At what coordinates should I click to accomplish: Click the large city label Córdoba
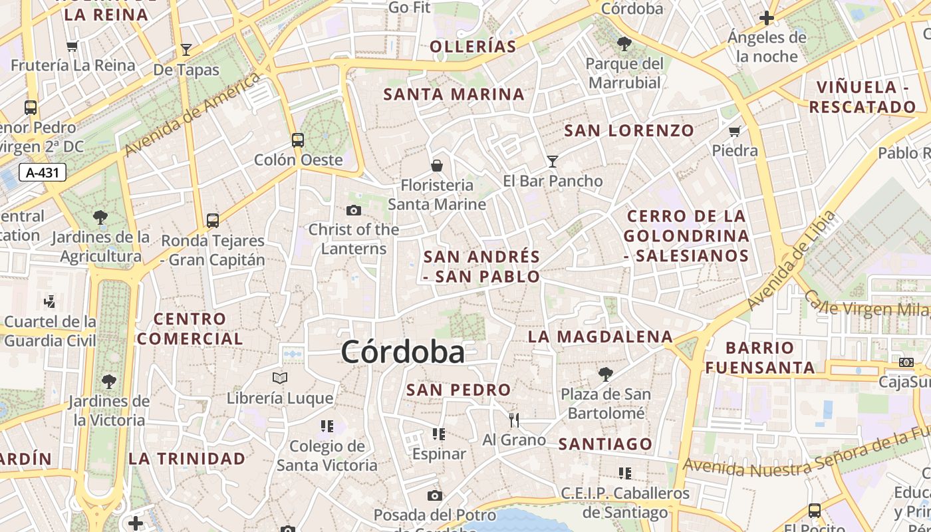pyautogui.click(x=402, y=352)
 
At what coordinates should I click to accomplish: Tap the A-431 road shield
pyautogui.click(x=43, y=173)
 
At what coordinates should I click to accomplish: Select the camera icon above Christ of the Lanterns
pyautogui.click(x=354, y=211)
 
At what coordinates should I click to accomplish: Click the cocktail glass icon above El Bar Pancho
pyautogui.click(x=552, y=161)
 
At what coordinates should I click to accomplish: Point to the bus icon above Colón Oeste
pyautogui.click(x=298, y=140)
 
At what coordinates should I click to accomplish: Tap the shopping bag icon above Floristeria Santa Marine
pyautogui.click(x=437, y=166)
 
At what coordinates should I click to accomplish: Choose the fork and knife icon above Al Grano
pyautogui.click(x=513, y=420)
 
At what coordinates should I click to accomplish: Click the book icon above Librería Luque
pyautogui.click(x=280, y=378)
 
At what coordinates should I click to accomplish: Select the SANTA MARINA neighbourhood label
pyautogui.click(x=454, y=94)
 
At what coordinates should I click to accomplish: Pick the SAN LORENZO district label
pyautogui.click(x=629, y=130)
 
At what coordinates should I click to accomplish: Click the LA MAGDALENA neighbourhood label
pyautogui.click(x=600, y=336)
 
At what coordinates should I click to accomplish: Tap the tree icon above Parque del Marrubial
pyautogui.click(x=624, y=44)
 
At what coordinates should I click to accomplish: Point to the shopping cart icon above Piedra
pyautogui.click(x=735, y=131)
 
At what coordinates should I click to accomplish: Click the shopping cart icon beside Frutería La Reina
pyautogui.click(x=72, y=46)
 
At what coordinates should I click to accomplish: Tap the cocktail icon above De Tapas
pyautogui.click(x=186, y=50)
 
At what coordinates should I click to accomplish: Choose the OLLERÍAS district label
pyautogui.click(x=473, y=47)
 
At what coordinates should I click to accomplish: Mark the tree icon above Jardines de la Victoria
pyautogui.click(x=109, y=382)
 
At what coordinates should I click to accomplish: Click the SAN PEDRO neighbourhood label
pyautogui.click(x=458, y=390)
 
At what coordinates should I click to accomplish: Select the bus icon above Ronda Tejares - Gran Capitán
pyautogui.click(x=213, y=221)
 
